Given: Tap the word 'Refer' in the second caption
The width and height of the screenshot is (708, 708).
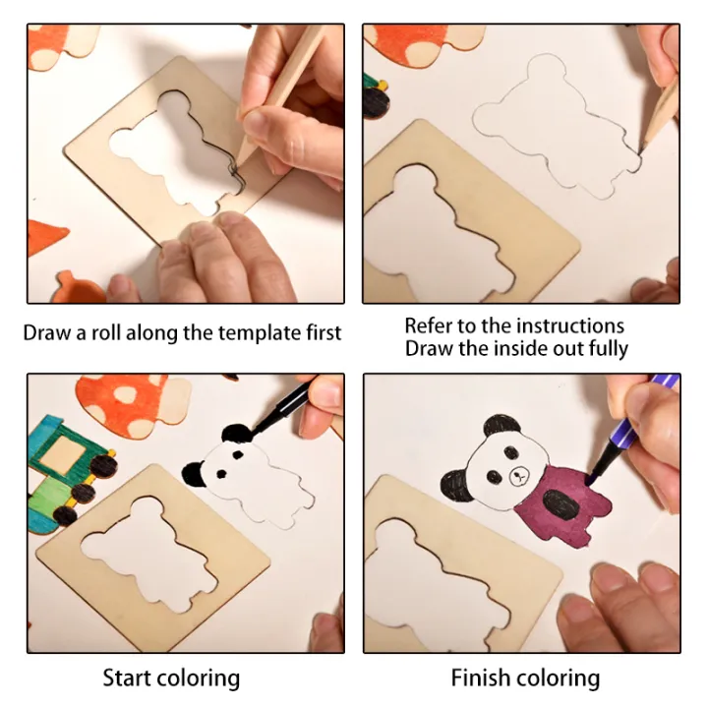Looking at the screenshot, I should point(429,325).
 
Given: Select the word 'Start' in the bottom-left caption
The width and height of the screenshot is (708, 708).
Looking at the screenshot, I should point(128,678).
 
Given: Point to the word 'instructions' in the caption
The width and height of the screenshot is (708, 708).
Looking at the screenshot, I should point(569,325).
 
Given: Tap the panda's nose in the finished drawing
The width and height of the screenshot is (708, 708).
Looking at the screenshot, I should point(518,480).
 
